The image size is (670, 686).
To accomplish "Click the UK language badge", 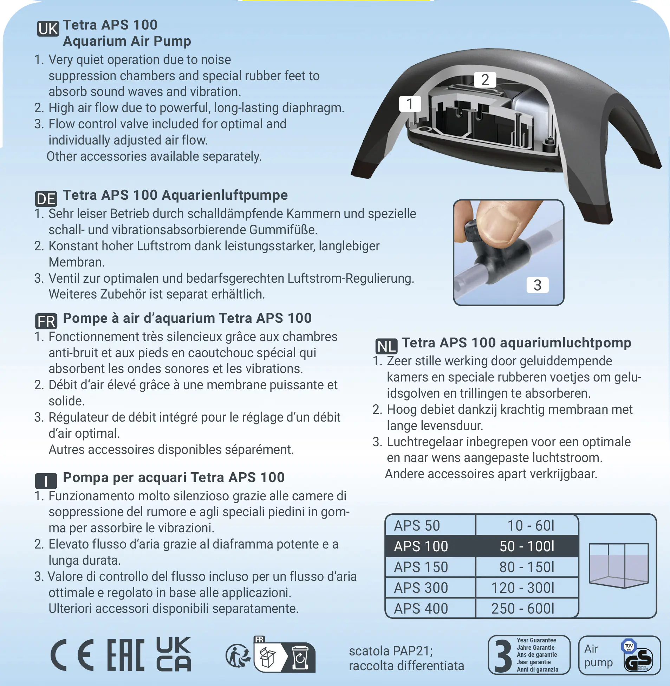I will pos(48,29).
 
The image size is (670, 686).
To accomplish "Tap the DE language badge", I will pos(46,199).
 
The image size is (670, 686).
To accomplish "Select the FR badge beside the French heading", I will pos(46,321).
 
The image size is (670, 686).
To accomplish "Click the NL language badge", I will pos(386,347).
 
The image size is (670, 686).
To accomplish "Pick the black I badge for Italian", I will pos(46,481).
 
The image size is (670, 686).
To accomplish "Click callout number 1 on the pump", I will pos(410,104).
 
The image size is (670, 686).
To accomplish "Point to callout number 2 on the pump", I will pos(485,80).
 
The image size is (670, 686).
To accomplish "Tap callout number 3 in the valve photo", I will pos(537,285).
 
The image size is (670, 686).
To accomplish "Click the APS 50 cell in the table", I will pos(417,525).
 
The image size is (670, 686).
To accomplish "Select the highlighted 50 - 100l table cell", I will pos(527,546).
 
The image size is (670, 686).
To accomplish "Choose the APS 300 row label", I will pos(421,588).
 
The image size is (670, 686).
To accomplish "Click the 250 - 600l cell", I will pos(523,609).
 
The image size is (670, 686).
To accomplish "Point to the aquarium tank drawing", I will pos(618,565).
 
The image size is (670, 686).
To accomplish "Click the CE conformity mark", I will pos(72,655).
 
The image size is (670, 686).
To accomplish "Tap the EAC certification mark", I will pos(126,655).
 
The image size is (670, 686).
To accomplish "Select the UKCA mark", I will pos(174,654).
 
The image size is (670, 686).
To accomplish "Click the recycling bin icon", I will pos(300,658).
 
